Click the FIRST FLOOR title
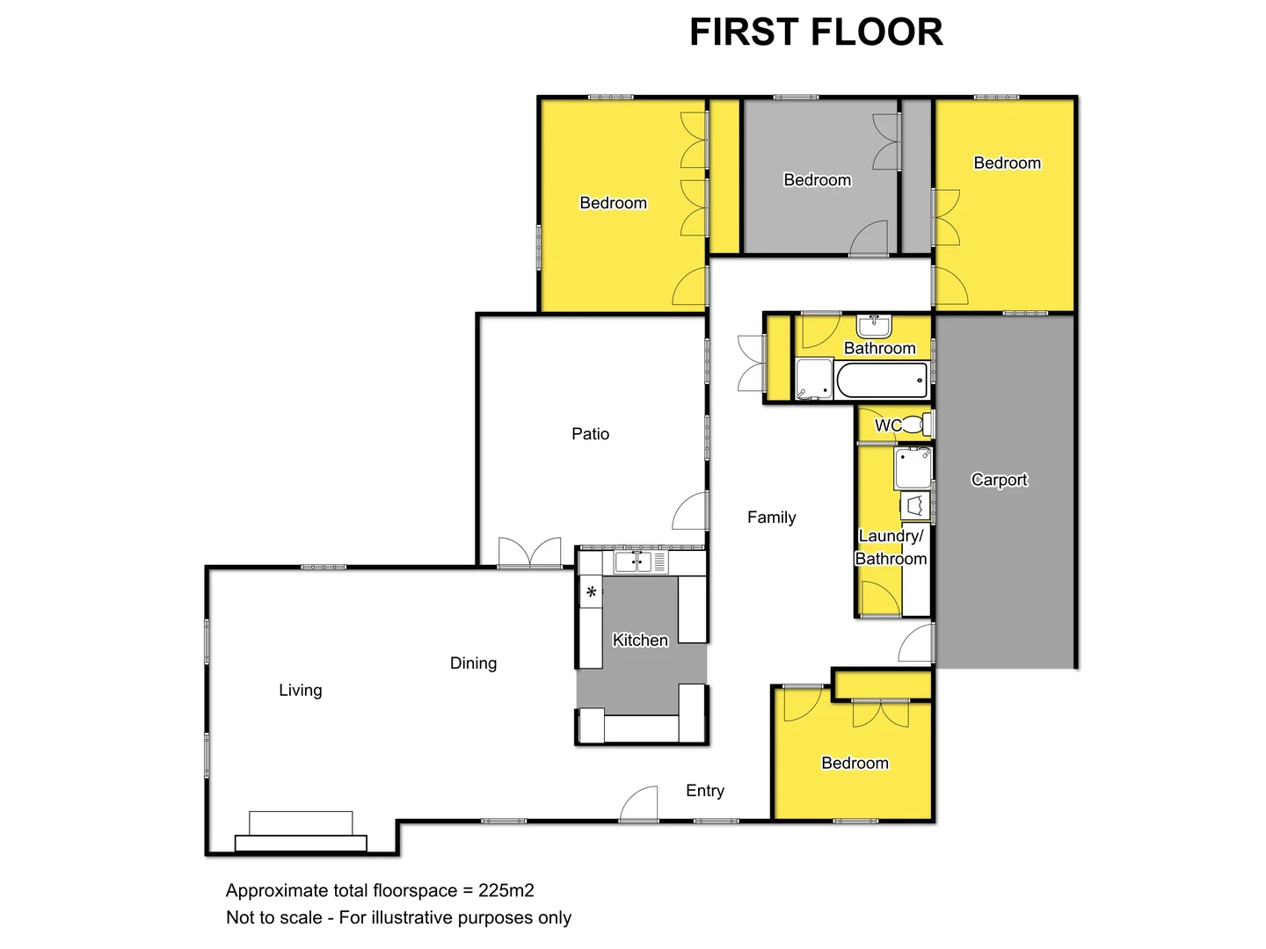click(x=816, y=33)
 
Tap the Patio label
click(x=590, y=434)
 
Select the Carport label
click(x=999, y=480)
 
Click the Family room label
click(x=771, y=518)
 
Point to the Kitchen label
click(x=640, y=641)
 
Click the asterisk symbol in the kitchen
click(x=592, y=593)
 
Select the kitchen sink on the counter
click(x=632, y=562)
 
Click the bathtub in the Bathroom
click(x=882, y=381)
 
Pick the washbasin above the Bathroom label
click(x=874, y=326)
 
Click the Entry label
click(x=705, y=791)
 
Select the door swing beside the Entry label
click(x=640, y=804)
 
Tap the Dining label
click(x=473, y=663)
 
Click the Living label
click(x=301, y=691)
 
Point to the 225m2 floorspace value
click(x=506, y=891)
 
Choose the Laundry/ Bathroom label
click(x=891, y=547)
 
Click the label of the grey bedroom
click(x=817, y=180)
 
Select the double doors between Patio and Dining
click(x=529, y=554)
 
